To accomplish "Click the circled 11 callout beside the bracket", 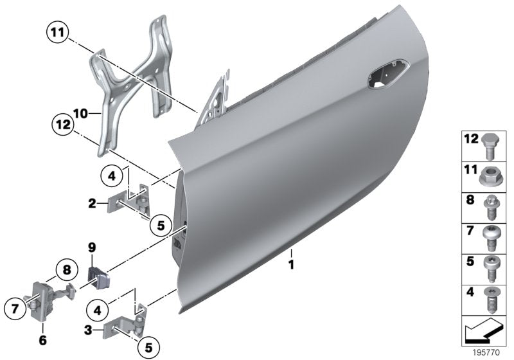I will (x=57, y=30).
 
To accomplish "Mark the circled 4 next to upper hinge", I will (x=111, y=175).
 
